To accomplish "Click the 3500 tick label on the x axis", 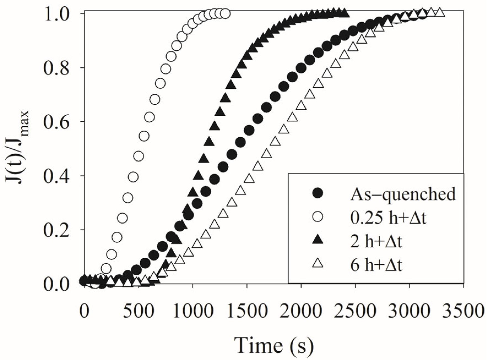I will point(464,311).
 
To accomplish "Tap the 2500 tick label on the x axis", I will point(355,311).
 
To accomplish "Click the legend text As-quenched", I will point(403,194).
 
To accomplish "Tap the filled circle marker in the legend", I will point(318,193).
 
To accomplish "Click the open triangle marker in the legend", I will point(318,265).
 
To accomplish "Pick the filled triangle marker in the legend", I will point(318,240).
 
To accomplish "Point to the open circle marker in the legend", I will point(318,217).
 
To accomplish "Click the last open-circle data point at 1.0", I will point(225,13).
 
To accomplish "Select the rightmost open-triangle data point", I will point(440,13).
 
